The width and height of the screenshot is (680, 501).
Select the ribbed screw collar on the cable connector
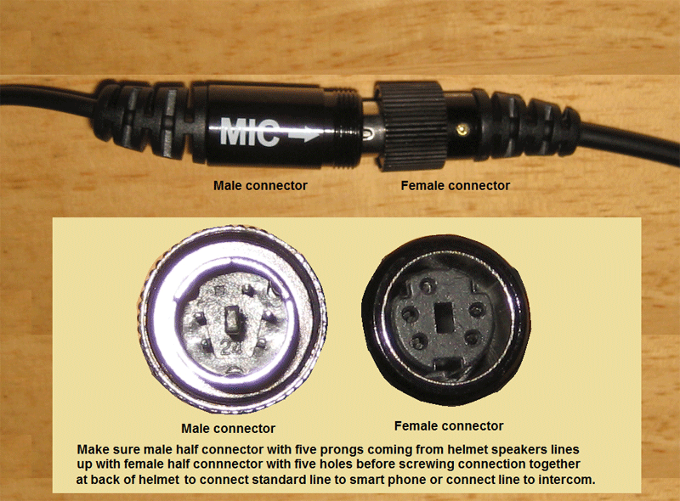click(x=411, y=126)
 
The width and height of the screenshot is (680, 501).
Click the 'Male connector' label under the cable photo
click(x=260, y=185)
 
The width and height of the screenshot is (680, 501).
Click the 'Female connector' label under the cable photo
click(x=455, y=185)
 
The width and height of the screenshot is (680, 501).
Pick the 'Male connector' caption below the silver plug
click(x=228, y=428)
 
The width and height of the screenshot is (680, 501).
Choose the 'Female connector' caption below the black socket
click(x=449, y=425)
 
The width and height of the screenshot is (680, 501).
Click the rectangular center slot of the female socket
click(x=444, y=317)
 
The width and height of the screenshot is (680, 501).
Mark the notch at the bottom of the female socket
click(x=445, y=363)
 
